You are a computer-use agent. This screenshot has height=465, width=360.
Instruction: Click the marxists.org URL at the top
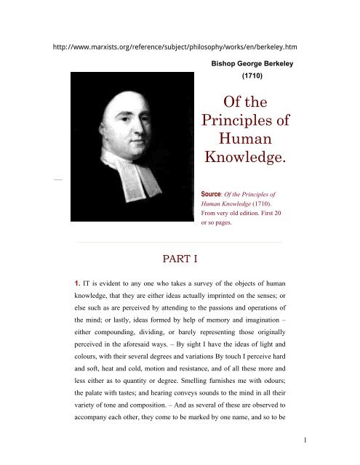click(x=180, y=48)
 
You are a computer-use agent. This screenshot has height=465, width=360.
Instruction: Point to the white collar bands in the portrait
click(x=136, y=163)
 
